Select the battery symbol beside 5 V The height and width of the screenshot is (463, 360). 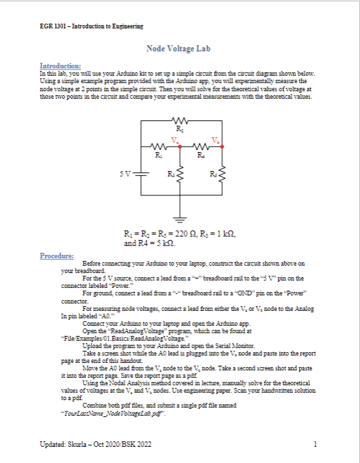click(x=143, y=174)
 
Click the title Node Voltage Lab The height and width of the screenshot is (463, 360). click(x=179, y=49)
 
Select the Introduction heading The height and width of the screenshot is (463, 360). click(x=61, y=65)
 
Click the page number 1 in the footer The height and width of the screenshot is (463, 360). click(x=315, y=444)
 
